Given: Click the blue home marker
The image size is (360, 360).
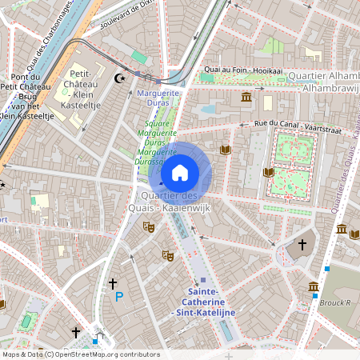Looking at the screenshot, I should click(x=180, y=172).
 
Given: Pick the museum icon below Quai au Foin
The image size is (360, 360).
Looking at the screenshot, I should click(x=246, y=98).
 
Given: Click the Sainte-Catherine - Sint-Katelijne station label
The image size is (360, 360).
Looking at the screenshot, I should click(x=206, y=302).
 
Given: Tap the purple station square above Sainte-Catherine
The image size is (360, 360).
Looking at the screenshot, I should click(x=203, y=280).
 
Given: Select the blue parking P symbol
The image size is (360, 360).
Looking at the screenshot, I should click(x=119, y=297).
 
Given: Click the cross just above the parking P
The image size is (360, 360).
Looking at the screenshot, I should click(x=113, y=283).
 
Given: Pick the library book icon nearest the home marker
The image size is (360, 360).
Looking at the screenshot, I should click(x=225, y=150).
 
